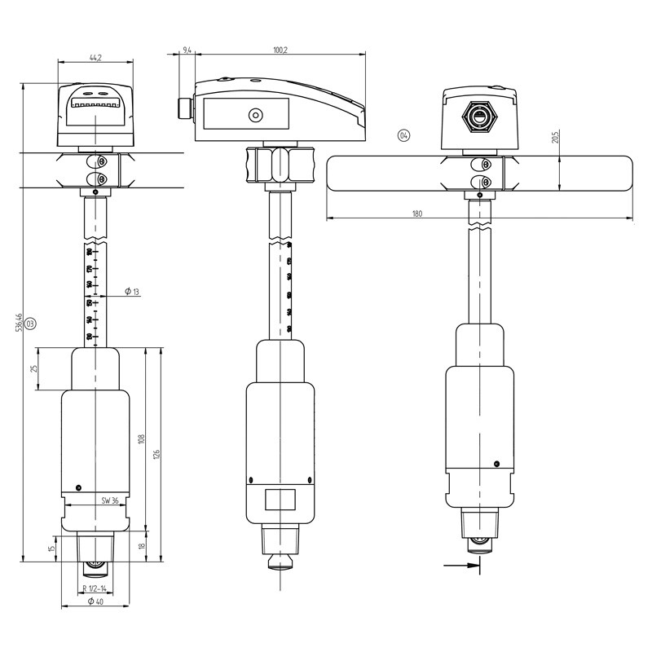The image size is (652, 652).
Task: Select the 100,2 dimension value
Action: [x=280, y=51]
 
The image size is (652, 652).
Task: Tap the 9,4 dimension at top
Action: [x=187, y=51]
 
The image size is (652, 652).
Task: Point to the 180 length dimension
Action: [x=417, y=214]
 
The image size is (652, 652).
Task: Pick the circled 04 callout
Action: [x=403, y=135]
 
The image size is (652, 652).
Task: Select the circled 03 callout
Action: [x=30, y=324]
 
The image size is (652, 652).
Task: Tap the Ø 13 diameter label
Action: [x=130, y=291]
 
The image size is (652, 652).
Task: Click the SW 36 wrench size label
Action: [x=110, y=500]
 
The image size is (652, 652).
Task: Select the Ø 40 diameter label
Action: [x=95, y=601]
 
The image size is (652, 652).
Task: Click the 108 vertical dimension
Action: [x=141, y=440]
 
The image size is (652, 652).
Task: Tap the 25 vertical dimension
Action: [x=35, y=369]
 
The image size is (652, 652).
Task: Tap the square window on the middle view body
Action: [x=280, y=500]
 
